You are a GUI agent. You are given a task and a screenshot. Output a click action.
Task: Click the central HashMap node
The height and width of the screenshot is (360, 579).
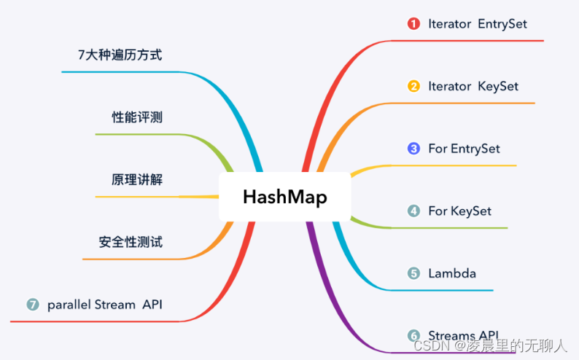(284, 197)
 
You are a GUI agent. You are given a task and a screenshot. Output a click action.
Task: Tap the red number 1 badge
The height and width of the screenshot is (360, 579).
(413, 24)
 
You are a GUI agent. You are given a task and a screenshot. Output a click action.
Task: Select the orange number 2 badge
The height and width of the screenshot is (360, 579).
(413, 86)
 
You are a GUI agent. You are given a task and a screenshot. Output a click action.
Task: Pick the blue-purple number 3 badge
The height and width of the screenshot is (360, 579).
(413, 149)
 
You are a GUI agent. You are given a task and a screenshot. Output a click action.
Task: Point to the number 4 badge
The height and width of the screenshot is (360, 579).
(413, 211)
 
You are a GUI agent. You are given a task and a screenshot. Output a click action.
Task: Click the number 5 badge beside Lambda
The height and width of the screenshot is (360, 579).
(413, 273)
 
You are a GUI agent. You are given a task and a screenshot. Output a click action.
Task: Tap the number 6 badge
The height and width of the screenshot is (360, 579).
(413, 335)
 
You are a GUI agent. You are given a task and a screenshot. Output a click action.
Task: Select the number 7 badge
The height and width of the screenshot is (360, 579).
(32, 305)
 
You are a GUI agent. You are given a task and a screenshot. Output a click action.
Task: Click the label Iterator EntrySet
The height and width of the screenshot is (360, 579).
(477, 24)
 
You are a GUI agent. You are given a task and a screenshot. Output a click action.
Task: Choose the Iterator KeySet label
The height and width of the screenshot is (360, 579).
(473, 86)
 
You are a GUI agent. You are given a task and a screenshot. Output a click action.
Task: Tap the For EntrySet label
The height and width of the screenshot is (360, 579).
(464, 149)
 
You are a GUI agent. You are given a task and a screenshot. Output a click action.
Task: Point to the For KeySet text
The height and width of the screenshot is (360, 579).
(459, 211)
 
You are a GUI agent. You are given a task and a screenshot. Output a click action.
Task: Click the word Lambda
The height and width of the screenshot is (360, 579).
(452, 273)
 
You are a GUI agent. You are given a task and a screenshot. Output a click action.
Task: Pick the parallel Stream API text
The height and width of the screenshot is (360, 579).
(104, 305)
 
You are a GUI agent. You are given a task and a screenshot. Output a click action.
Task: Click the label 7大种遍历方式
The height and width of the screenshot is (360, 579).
(120, 55)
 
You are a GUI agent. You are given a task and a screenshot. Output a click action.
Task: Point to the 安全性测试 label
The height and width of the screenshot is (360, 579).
(131, 242)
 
